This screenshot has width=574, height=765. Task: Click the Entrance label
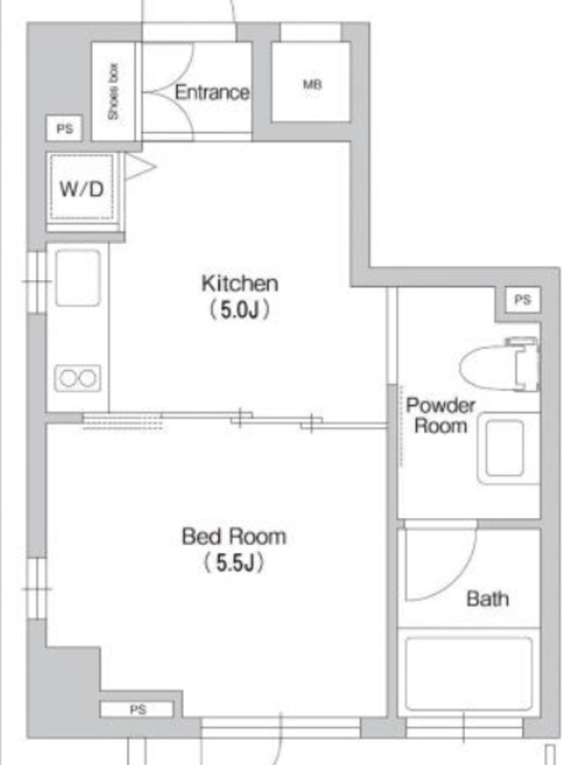click(x=211, y=92)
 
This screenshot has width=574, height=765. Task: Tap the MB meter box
click(x=311, y=81)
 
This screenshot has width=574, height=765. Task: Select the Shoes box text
click(x=113, y=91)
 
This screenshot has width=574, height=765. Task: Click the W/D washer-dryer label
click(x=81, y=188)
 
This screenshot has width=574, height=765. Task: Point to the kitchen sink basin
click(x=78, y=278)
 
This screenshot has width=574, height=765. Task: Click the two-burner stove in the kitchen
click(x=78, y=378)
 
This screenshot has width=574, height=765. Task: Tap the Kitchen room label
click(x=240, y=283)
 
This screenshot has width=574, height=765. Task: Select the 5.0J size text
click(x=239, y=309)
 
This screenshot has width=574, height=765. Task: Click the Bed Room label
click(x=233, y=536)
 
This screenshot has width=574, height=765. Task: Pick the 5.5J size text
click(x=233, y=562)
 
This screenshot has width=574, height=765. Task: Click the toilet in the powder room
click(x=499, y=364)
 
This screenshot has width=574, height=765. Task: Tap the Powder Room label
click(x=440, y=416)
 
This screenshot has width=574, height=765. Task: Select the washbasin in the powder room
click(x=508, y=448)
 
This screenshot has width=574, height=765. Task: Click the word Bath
click(x=488, y=599)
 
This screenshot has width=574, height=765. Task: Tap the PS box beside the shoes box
click(x=64, y=128)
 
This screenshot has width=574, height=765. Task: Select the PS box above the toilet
click(x=522, y=299)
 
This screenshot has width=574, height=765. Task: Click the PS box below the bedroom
click(x=137, y=710)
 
